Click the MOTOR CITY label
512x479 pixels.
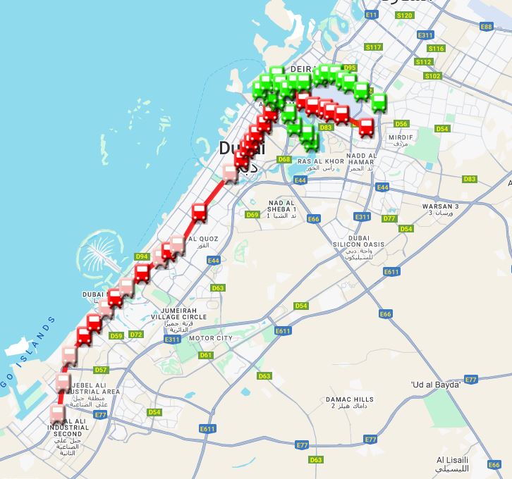point(216,338)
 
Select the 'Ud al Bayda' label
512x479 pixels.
point(435,385)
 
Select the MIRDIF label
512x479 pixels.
point(400,137)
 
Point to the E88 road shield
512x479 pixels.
point(486,27)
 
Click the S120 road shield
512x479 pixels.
point(405,15)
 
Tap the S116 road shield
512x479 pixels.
point(437,49)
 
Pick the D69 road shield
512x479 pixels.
point(252,214)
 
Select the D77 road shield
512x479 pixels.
point(389,218)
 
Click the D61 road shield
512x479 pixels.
point(206,355)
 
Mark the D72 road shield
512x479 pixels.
point(136,335)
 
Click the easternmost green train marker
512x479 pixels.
point(379,103)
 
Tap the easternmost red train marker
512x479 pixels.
point(366,127)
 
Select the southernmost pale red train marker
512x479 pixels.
point(58,413)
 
